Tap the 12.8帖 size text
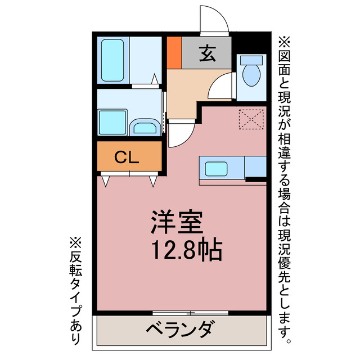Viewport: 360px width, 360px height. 185,249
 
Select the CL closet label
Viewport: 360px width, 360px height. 127,158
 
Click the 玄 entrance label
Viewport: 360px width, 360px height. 207,54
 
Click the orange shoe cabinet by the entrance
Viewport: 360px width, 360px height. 174,52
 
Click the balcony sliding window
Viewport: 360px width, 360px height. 190,312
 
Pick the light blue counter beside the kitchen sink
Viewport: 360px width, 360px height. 255,167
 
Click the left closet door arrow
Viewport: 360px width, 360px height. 105,181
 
